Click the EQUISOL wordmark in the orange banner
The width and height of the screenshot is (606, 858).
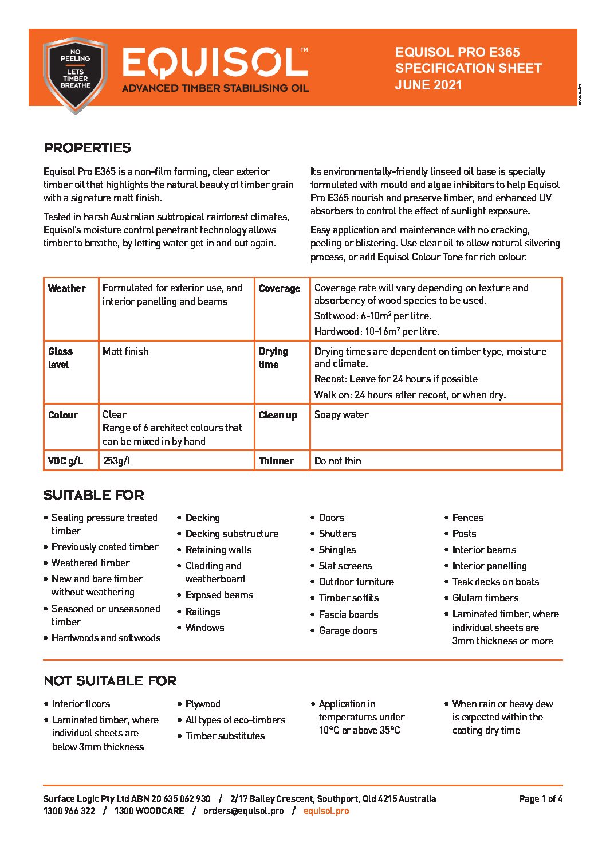point(215,62)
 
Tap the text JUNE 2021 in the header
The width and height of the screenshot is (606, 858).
point(428,85)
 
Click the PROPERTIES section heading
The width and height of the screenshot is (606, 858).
point(87,148)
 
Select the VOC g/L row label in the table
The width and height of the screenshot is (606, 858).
point(65,461)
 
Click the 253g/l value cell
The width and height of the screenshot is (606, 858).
point(116,461)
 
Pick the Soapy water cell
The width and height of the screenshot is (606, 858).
point(341,414)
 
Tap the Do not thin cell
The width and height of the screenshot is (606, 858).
point(337,461)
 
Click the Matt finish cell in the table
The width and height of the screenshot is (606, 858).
point(125,351)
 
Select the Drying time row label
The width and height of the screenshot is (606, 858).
point(273,358)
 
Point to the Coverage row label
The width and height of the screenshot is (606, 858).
point(280,288)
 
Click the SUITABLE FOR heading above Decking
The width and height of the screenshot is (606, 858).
point(93,495)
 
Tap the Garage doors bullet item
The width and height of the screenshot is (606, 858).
point(348,630)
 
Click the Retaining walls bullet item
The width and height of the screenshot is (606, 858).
point(218,550)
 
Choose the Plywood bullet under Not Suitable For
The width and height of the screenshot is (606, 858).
point(203,704)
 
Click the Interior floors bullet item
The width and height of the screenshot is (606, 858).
point(81,704)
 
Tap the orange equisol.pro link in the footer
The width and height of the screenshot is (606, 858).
point(326,811)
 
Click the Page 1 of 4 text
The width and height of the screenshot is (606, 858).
point(540,799)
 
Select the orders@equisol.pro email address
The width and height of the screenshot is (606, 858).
point(243,811)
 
